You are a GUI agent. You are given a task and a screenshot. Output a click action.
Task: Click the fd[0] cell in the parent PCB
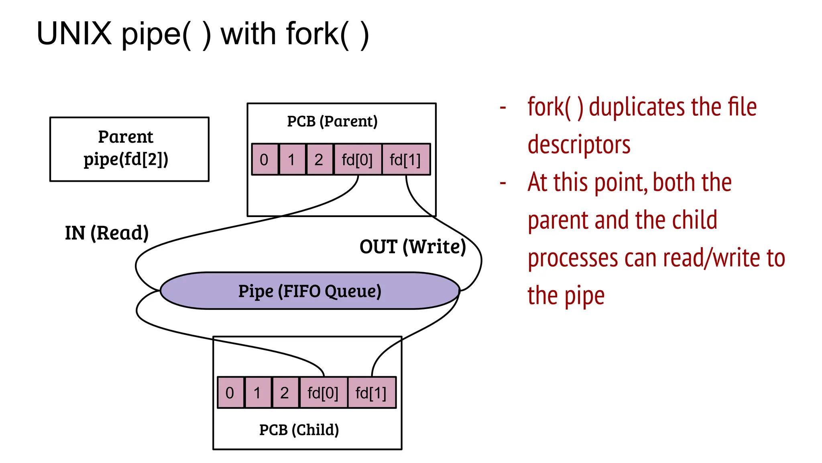pyautogui.click(x=357, y=160)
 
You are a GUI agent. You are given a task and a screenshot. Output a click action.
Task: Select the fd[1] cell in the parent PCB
pyautogui.click(x=405, y=160)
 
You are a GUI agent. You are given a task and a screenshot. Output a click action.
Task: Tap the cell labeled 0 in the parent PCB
pyautogui.click(x=264, y=160)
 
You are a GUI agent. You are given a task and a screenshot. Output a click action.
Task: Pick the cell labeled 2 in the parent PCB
pyautogui.click(x=319, y=160)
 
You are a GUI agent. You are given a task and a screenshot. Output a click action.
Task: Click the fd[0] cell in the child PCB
pyautogui.click(x=323, y=393)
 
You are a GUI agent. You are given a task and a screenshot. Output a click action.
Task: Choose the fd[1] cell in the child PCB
pyautogui.click(x=371, y=393)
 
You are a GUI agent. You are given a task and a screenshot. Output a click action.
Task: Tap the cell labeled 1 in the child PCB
pyautogui.click(x=257, y=393)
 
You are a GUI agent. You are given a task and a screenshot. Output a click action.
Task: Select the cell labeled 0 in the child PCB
pyautogui.click(x=230, y=393)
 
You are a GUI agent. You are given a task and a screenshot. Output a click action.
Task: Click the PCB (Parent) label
pyautogui.click(x=332, y=121)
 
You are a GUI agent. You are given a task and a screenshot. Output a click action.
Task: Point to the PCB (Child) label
pyautogui.click(x=299, y=430)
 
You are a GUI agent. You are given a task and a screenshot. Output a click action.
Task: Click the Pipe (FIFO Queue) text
pyautogui.click(x=309, y=291)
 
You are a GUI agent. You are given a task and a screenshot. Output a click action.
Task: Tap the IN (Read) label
pyautogui.click(x=107, y=233)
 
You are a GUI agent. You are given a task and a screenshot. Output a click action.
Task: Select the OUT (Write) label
pyautogui.click(x=413, y=247)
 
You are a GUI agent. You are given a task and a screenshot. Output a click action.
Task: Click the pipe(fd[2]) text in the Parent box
pyautogui.click(x=126, y=160)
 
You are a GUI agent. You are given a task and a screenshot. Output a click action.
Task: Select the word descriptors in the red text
pyautogui.click(x=579, y=145)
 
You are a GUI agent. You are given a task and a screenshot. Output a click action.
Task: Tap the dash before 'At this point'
pyautogui.click(x=503, y=183)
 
